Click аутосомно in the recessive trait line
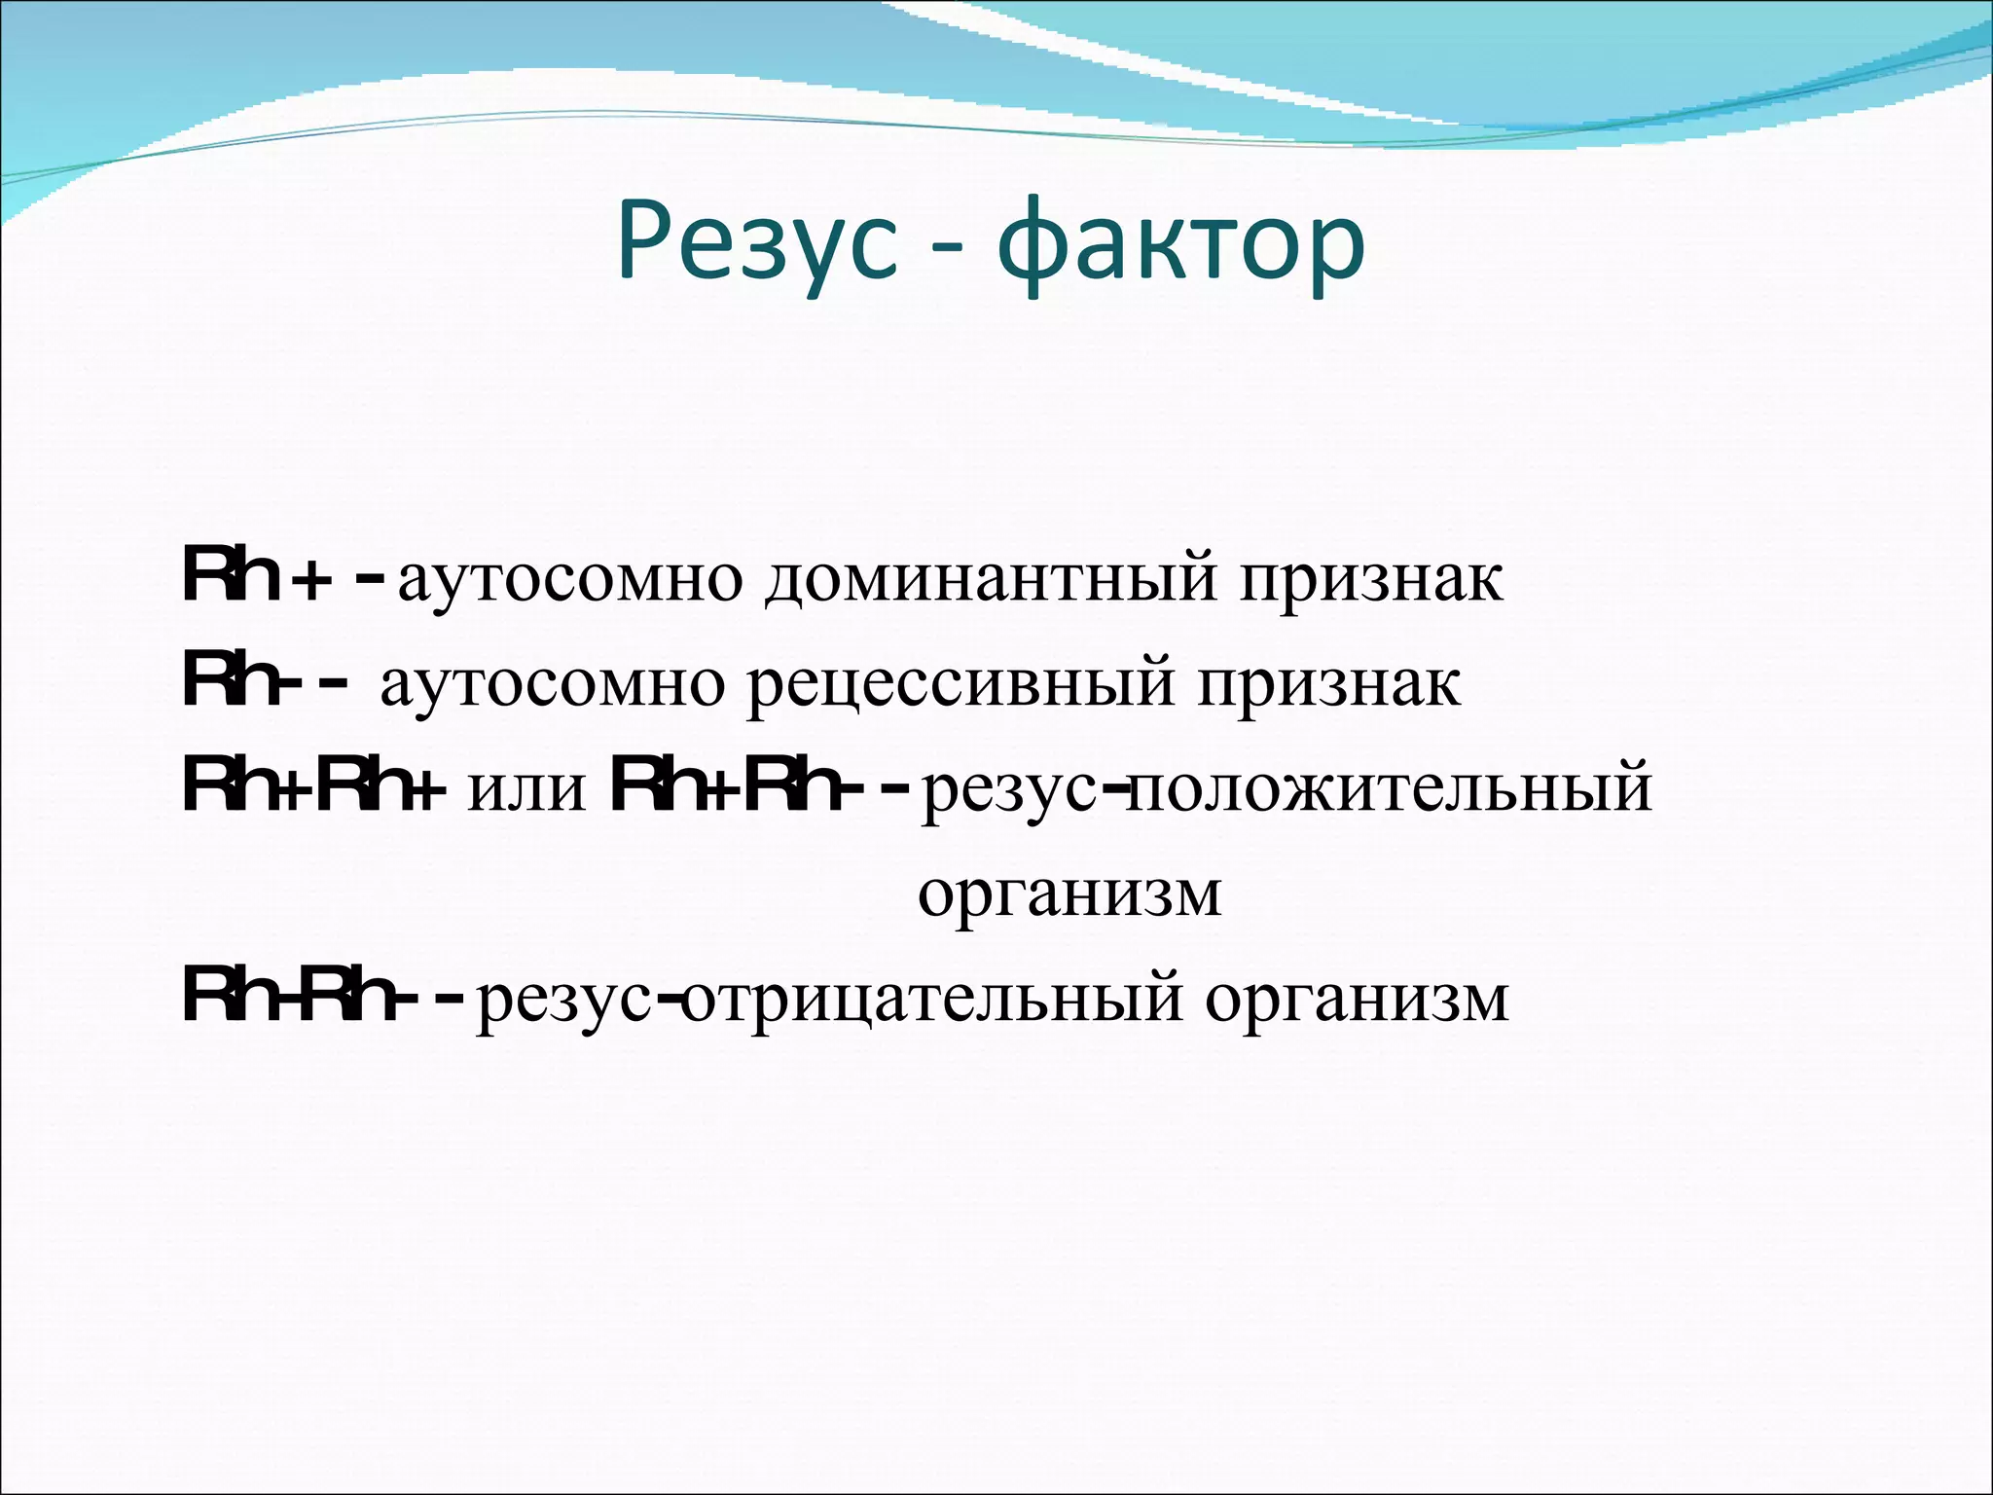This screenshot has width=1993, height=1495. [552, 684]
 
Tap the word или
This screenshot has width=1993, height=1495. [527, 788]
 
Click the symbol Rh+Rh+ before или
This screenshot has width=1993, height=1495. [313, 788]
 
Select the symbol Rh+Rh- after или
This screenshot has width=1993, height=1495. [740, 788]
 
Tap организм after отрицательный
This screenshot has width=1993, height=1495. [1357, 998]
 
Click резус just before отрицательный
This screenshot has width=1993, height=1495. [564, 998]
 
